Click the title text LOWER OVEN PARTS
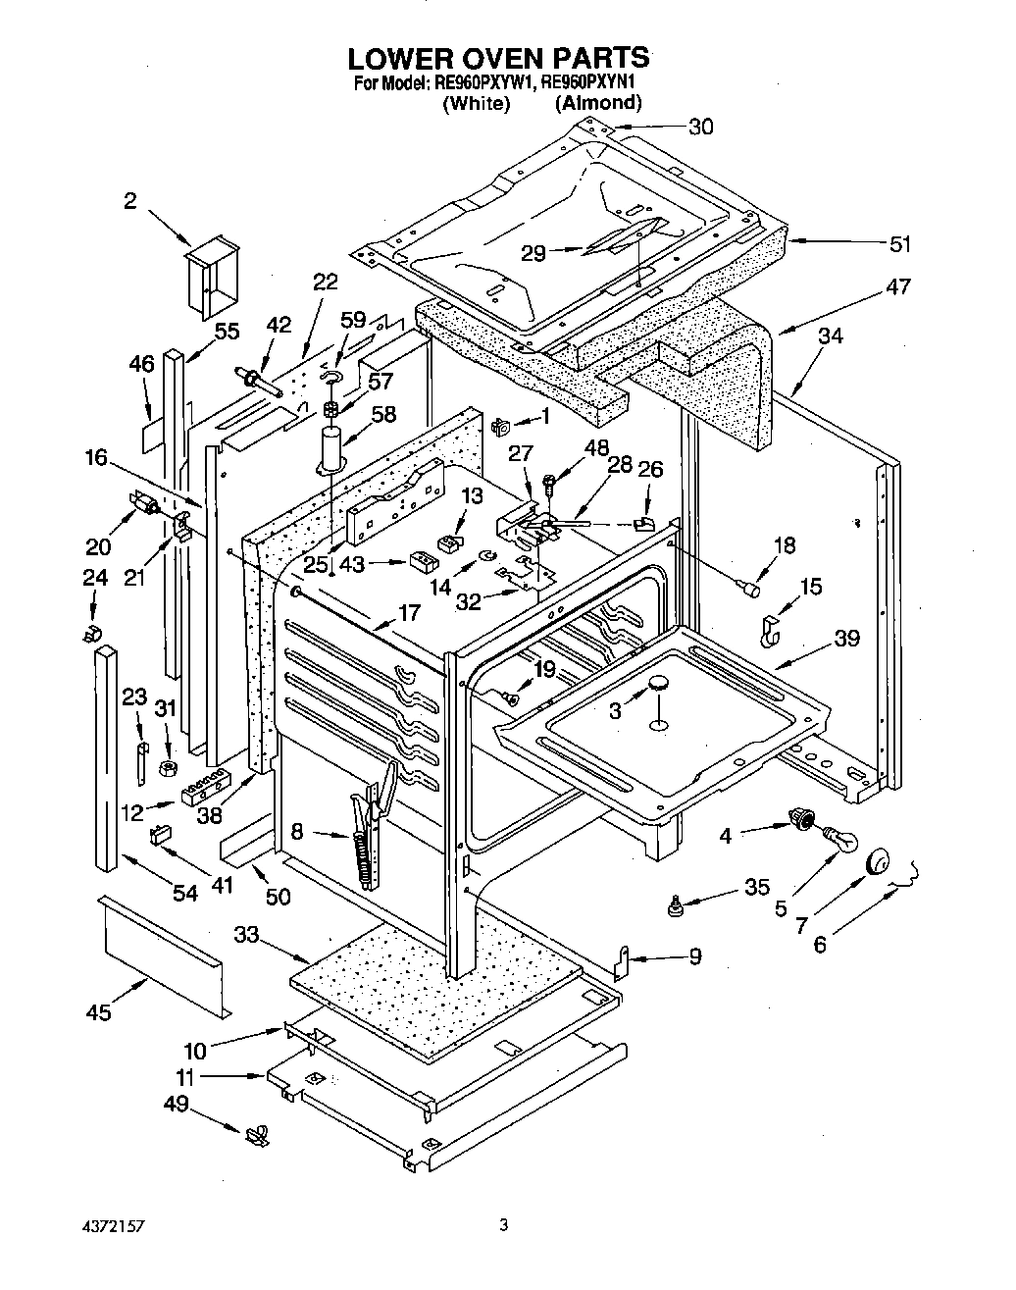tap(499, 57)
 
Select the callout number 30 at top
tap(700, 127)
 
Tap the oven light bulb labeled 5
tap(838, 839)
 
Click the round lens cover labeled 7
tap(880, 862)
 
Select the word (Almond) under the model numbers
tap(598, 102)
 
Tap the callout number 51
tap(899, 244)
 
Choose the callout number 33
tap(246, 935)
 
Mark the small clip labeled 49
tap(260, 1136)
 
